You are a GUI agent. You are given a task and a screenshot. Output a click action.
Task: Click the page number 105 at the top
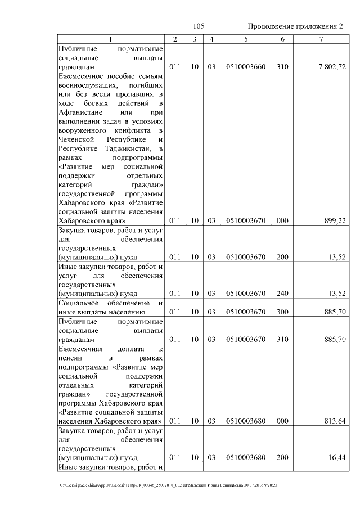tap(198, 26)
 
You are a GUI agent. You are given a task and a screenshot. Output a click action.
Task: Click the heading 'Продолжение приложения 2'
tap(295, 26)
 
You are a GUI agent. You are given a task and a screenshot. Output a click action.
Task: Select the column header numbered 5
tap(246, 39)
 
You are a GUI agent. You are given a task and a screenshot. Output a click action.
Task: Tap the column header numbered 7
tap(321, 39)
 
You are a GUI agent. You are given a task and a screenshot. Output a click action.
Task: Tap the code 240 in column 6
tap(282, 293)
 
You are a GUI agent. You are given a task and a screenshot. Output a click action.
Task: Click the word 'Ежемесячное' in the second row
tap(81, 76)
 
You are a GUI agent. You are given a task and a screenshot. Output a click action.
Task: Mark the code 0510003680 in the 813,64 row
tap(245, 421)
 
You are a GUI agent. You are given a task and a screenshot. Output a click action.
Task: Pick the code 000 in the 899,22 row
tap(282, 220)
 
